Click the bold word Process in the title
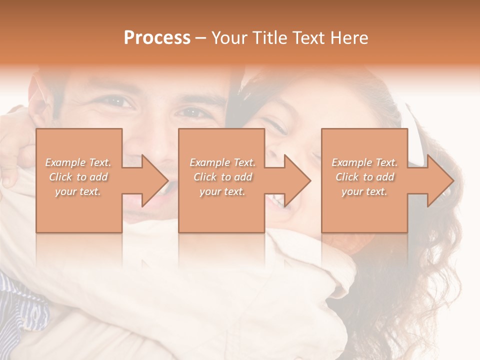tap(157, 38)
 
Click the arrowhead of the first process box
tap(152, 180)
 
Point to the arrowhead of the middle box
tap(295, 180)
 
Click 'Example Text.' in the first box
tap(78, 162)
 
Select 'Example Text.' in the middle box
tap(222, 162)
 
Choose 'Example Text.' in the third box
tap(364, 162)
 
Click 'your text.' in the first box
tap(78, 191)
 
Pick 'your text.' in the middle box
tap(222, 191)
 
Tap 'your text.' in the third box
tap(364, 191)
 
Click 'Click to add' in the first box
tap(78, 177)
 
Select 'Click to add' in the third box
tap(364, 177)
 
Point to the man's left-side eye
tap(119, 102)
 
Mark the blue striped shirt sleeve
tap(20, 305)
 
